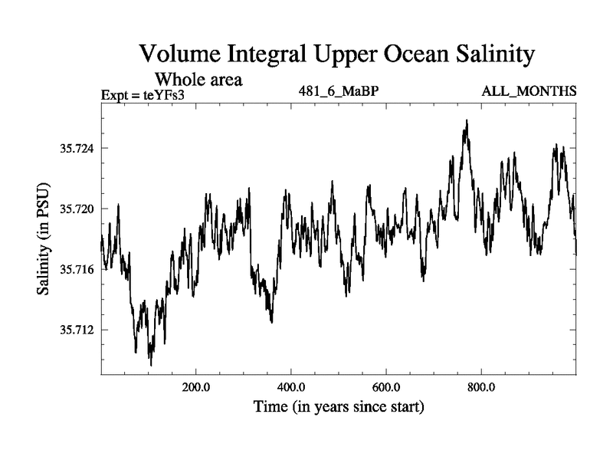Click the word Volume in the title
(x=177, y=55)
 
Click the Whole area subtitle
(x=198, y=79)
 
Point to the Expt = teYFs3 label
(x=143, y=95)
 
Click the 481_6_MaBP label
(x=339, y=92)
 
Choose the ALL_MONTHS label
(x=529, y=92)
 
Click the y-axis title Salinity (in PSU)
(x=44, y=240)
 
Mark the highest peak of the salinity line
(x=465, y=120)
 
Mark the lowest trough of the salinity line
(x=150, y=365)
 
